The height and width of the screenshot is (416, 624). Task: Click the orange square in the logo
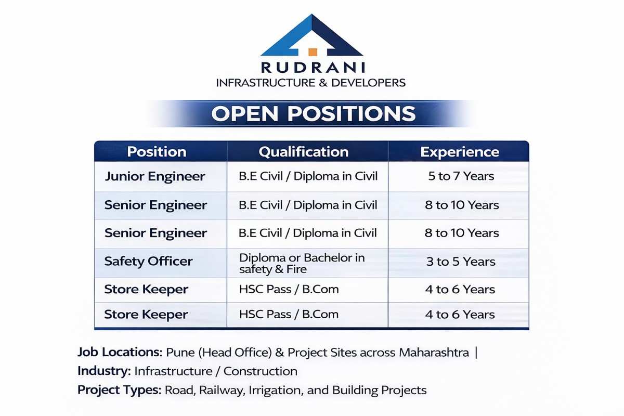click(x=313, y=52)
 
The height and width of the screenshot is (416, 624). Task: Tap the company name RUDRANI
click(x=313, y=68)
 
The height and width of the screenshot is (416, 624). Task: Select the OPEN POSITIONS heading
click(x=313, y=113)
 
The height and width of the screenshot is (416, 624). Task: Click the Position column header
click(x=157, y=152)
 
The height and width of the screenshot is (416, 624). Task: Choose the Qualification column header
click(x=304, y=152)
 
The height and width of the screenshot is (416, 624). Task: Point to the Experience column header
click(x=460, y=152)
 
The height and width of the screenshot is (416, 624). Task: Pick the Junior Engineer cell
click(x=155, y=176)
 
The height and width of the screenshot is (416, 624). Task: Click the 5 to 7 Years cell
click(x=461, y=176)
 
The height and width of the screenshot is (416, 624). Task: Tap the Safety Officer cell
click(x=148, y=262)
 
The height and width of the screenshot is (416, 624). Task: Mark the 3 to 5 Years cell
click(x=461, y=262)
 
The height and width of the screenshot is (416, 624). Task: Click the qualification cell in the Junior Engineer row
click(x=308, y=176)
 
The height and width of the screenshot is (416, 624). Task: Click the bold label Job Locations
click(x=120, y=352)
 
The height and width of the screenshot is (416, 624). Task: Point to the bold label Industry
click(x=103, y=371)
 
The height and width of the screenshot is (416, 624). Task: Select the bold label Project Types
click(x=119, y=390)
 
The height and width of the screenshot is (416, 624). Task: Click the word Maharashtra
click(x=434, y=352)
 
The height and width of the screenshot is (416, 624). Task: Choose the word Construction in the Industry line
click(x=261, y=371)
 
